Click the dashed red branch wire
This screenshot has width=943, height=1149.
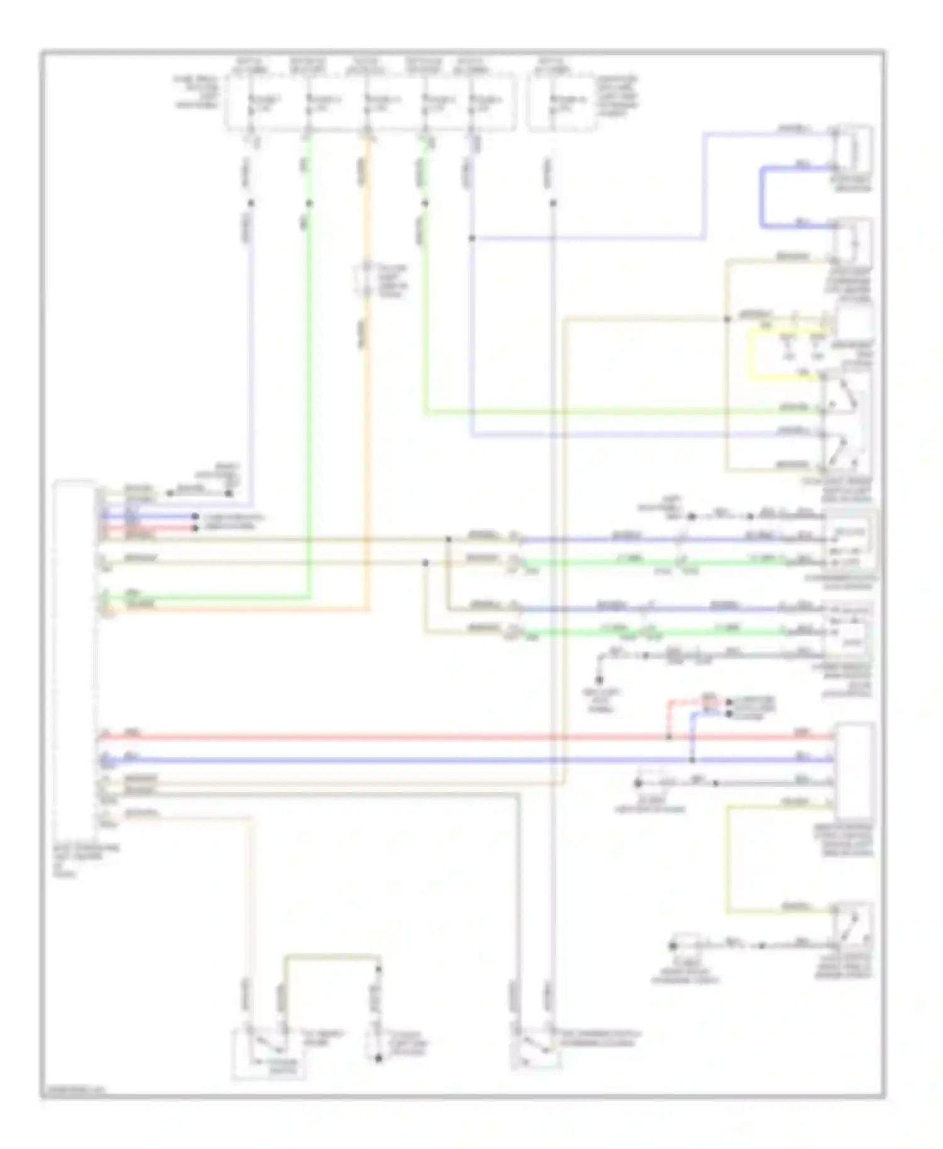click(x=669, y=717)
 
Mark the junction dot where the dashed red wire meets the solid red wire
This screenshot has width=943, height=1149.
click(x=669, y=736)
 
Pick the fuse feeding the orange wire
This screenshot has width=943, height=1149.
click(x=368, y=104)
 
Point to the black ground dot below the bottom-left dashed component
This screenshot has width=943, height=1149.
click(x=378, y=1058)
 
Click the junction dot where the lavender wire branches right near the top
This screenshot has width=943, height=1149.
click(x=472, y=238)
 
